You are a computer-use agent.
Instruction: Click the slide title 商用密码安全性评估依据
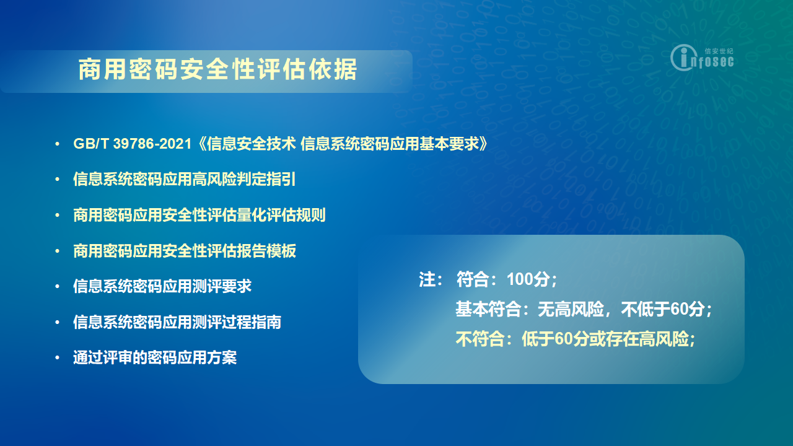point(217,69)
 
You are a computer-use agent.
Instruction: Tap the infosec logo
point(702,58)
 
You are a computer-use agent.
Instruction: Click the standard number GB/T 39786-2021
point(133,144)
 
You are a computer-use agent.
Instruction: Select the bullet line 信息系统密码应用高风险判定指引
point(185,179)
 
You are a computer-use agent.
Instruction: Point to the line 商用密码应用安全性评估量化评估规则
point(199,215)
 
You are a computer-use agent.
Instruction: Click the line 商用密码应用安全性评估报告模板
point(185,251)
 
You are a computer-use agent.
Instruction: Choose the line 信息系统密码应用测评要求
point(162,286)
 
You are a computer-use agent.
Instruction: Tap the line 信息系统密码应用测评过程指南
point(177,322)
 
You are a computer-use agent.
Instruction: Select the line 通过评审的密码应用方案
point(155,357)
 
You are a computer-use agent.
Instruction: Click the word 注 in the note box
point(427,279)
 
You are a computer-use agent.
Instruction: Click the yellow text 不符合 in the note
point(480,339)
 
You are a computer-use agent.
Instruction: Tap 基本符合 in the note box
point(488,309)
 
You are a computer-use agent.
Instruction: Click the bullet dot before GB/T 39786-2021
point(58,144)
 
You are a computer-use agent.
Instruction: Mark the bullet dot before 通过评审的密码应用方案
point(58,358)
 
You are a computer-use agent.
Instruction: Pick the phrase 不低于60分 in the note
point(663,309)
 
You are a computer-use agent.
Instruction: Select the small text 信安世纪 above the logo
point(719,51)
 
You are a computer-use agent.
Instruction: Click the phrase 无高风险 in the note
point(571,309)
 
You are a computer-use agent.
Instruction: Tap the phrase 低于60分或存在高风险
point(605,339)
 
